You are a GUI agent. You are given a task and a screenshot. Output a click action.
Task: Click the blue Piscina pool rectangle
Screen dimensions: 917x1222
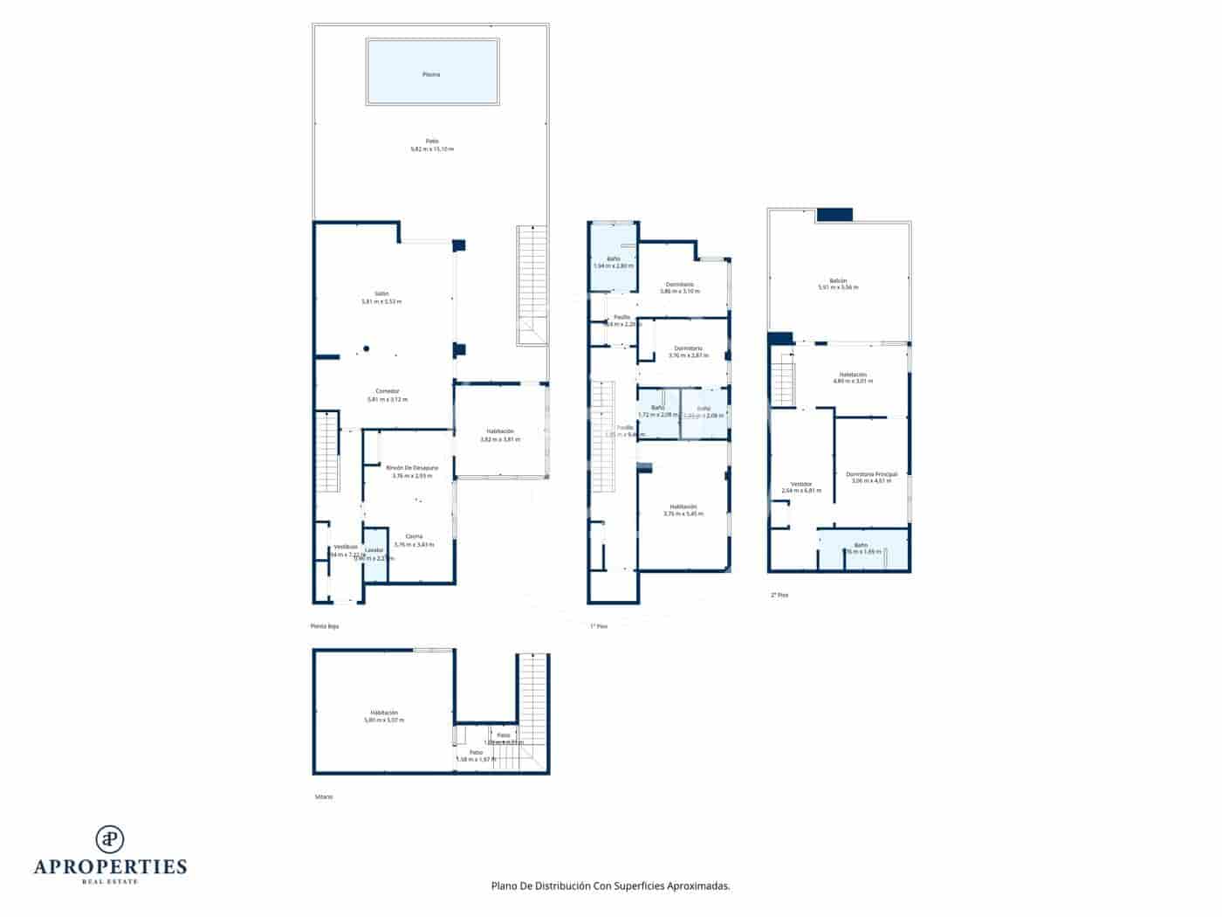(433, 72)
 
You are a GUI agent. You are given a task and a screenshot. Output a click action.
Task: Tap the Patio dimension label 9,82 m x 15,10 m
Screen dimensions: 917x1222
(431, 149)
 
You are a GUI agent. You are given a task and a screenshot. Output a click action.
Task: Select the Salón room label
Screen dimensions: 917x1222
(381, 293)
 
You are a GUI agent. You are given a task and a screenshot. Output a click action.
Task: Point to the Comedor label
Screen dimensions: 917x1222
(388, 390)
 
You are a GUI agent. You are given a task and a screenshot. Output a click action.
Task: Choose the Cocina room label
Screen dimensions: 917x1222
(414, 536)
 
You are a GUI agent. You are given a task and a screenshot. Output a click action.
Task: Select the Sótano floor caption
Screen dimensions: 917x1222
(324, 796)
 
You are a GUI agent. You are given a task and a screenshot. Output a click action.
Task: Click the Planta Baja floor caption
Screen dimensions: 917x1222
(324, 626)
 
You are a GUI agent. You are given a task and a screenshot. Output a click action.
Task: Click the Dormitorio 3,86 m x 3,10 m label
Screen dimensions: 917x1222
(680, 285)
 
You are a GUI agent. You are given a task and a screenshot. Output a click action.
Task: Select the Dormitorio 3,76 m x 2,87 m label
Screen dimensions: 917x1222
(689, 348)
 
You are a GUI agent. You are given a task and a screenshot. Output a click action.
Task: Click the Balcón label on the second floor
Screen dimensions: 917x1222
(838, 280)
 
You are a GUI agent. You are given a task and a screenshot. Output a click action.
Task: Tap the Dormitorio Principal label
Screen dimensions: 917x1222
(871, 473)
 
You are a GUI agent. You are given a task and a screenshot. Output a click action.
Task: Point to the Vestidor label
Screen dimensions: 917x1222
(801, 484)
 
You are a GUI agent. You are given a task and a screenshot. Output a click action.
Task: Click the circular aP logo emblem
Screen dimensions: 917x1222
(110, 838)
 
